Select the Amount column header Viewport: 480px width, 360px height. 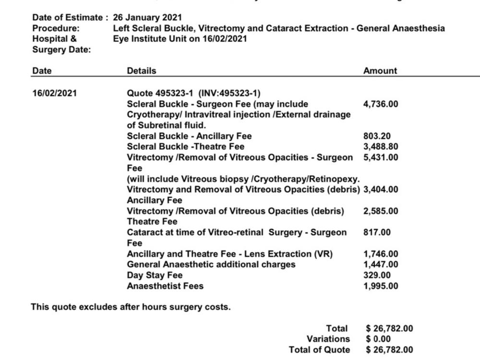tap(380, 71)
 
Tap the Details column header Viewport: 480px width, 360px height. tap(141, 71)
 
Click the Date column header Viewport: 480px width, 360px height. tap(42, 71)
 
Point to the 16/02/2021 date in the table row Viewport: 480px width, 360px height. tap(54, 93)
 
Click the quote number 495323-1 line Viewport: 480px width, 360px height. tap(193, 93)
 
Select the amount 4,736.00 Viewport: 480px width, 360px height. tap(380, 104)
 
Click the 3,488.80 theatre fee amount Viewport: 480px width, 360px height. tap(380, 146)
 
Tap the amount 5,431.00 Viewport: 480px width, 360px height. tap(380, 157)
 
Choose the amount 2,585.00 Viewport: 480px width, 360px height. tap(380, 211)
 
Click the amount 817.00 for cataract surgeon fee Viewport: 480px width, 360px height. tap(377, 232)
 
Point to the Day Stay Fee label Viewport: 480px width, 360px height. tap(155, 276)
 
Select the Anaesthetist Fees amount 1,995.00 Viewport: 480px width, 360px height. tap(380, 286)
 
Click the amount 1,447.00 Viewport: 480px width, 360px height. tap(380, 264)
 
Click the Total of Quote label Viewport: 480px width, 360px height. tap(319, 349)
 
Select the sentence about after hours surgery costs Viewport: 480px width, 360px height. tap(131, 307)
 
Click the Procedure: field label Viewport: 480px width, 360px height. tap(56, 28)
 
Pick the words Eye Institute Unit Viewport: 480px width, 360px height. tap(150, 38)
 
